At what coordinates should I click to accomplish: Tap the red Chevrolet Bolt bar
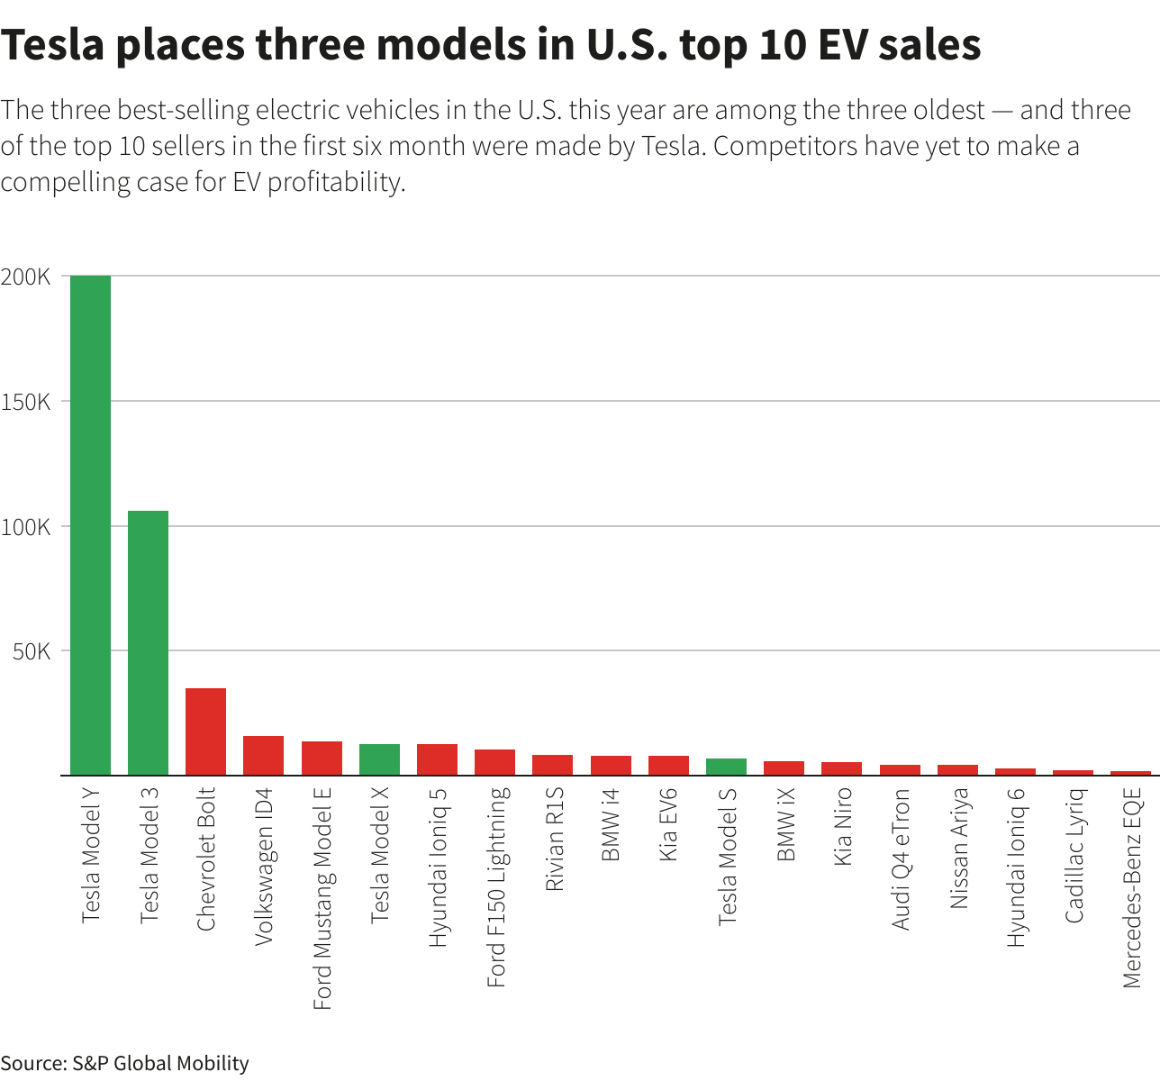click(205, 731)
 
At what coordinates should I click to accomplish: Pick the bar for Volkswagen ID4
click(263, 756)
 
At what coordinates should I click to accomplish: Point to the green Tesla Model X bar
click(379, 759)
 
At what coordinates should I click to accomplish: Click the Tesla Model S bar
click(726, 767)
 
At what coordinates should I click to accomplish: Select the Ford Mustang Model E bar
click(322, 759)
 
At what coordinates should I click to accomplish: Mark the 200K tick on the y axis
click(26, 277)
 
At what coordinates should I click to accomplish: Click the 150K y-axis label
click(26, 402)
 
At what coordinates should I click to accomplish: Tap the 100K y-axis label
click(26, 527)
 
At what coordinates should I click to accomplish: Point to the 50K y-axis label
click(32, 651)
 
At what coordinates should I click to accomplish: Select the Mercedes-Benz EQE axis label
click(1132, 887)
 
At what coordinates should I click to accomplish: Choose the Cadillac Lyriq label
click(1074, 855)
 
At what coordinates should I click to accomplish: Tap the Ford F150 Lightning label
click(496, 886)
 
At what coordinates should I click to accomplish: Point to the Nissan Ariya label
click(959, 848)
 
